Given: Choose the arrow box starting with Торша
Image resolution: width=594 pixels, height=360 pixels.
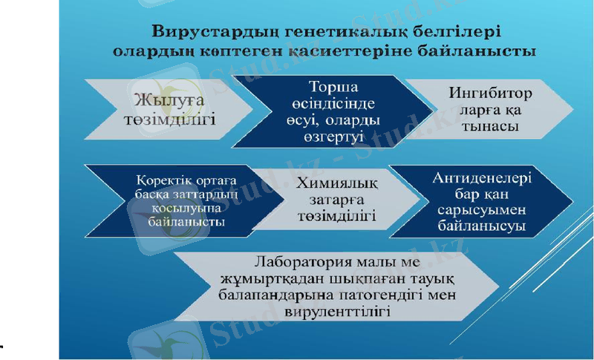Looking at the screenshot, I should point(338,111).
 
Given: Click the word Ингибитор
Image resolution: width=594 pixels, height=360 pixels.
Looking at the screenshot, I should point(491,94).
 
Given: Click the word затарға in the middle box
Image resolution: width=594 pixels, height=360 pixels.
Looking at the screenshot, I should point(335,200).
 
